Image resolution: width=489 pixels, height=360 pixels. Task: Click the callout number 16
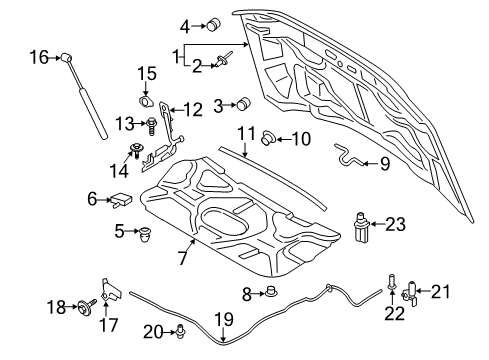36,59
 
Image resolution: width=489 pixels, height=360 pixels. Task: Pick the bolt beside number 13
151,125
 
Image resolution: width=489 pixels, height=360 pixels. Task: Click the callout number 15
147,74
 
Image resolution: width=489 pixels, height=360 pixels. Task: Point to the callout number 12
192,109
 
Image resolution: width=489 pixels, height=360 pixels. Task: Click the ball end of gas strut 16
67,59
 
